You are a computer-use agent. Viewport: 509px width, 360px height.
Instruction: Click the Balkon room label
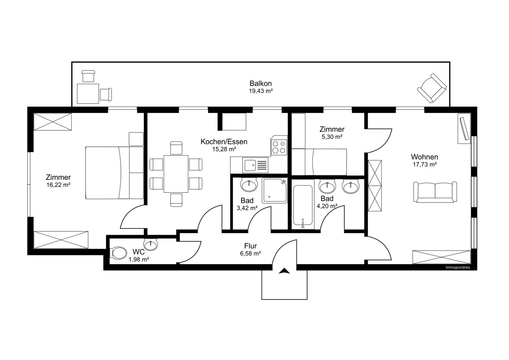point(260,83)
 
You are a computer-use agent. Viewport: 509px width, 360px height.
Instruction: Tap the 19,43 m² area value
point(260,91)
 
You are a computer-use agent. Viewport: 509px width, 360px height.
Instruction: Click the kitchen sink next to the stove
point(255,165)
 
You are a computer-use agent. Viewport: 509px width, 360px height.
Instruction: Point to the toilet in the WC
point(119,253)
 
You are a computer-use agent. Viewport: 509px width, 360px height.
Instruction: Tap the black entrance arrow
point(284,270)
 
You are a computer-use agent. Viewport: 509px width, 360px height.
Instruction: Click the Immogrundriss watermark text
point(458,267)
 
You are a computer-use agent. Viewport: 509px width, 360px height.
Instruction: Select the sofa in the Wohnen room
point(435,192)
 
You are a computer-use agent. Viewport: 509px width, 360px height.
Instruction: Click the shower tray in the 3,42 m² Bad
point(274,191)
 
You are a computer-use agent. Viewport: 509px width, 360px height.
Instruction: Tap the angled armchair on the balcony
point(432,88)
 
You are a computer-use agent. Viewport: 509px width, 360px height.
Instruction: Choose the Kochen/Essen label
point(224,142)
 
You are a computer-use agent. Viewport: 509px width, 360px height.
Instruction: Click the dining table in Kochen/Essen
point(176,174)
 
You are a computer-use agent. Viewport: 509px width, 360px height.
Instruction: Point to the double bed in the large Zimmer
point(114,173)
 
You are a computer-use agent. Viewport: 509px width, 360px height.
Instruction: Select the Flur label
point(250,246)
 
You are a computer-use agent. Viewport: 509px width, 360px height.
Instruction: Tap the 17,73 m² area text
point(425,164)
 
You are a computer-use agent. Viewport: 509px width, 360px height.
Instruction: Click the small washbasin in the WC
point(151,245)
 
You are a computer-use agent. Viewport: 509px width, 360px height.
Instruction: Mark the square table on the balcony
point(88,94)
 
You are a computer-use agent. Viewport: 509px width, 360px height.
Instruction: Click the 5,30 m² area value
point(332,137)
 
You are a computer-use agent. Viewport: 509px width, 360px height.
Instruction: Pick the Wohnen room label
point(425,157)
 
